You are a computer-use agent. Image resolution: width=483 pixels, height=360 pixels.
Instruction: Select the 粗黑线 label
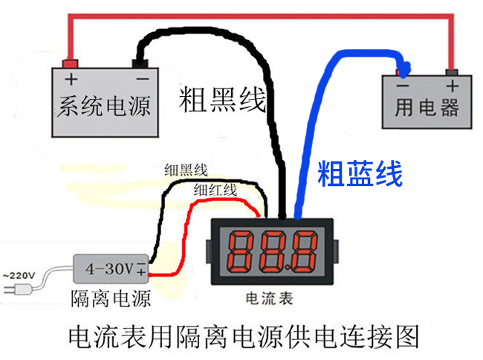tap(221, 99)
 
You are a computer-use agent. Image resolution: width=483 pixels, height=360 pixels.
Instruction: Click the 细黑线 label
tap(186, 170)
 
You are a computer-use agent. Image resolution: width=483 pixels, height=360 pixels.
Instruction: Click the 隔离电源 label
tap(111, 299)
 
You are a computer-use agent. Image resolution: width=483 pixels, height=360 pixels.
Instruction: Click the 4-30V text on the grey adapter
tap(108, 266)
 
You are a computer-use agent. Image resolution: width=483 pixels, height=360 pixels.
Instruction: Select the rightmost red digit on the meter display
tap(303, 253)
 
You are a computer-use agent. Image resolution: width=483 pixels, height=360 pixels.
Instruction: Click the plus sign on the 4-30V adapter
tap(140, 271)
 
